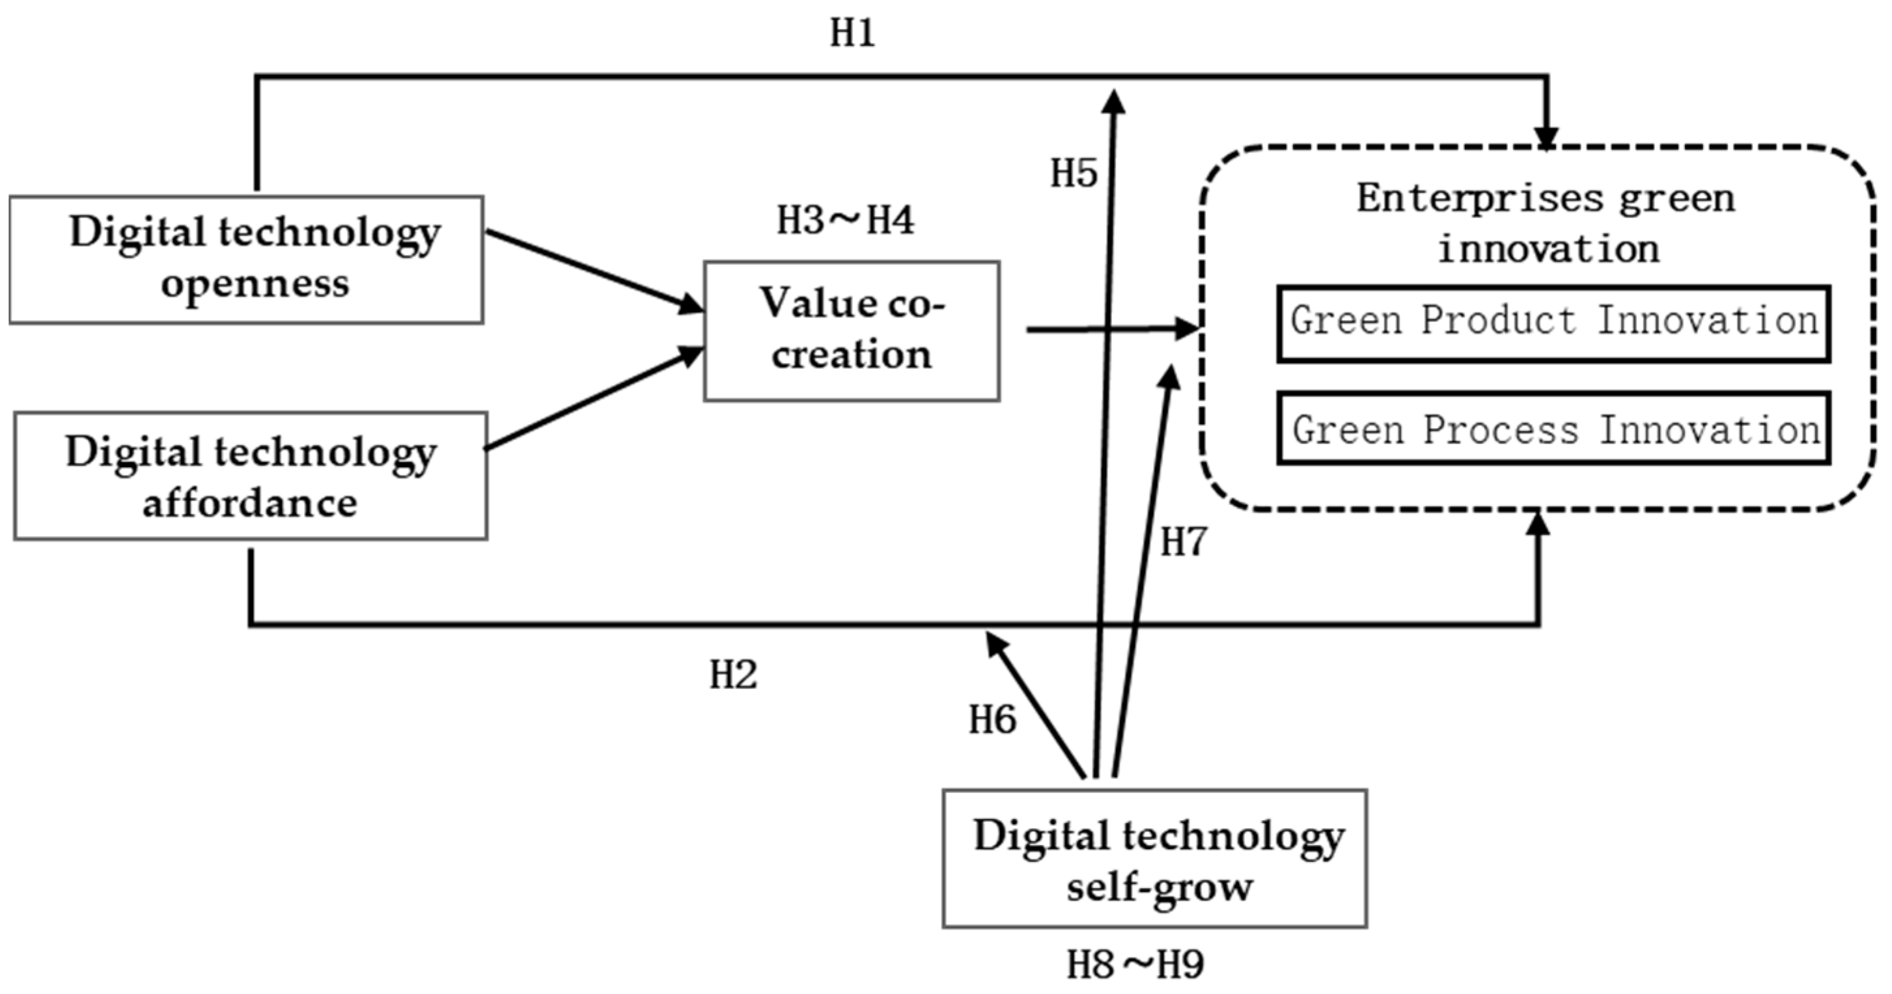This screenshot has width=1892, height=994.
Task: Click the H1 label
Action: coord(853,34)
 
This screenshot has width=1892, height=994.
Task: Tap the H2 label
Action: coord(733,674)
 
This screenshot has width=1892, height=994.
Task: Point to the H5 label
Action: coord(1073,174)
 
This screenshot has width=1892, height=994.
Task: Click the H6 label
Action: coord(992,719)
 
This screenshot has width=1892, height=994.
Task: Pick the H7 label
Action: coord(1183,543)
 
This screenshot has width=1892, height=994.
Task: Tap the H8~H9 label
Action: coord(1135,965)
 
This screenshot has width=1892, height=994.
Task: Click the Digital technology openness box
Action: coord(246,259)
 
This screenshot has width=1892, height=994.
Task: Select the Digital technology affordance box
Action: coord(250,476)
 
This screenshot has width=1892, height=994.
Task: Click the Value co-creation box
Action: coord(851,330)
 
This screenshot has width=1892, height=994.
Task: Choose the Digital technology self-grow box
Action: coord(1154,858)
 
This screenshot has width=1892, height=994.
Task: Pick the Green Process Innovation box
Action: coord(1553,429)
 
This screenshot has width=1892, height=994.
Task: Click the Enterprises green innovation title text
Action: coord(1546,222)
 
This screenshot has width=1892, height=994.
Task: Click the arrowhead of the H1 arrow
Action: coord(1547,138)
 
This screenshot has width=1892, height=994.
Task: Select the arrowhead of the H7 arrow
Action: coord(1170,376)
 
